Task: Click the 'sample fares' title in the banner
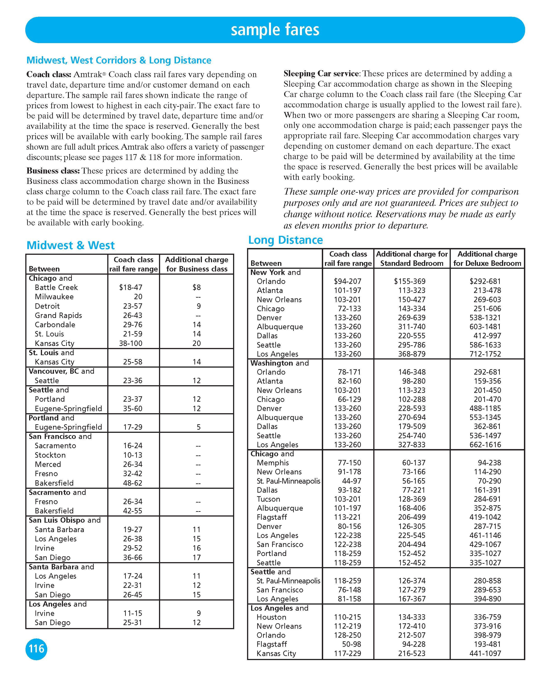coord(275,30)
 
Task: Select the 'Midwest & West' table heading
coord(71,245)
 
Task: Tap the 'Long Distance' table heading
coord(285,240)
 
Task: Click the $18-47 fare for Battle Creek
coord(131,287)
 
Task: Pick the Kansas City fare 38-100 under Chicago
coord(131,343)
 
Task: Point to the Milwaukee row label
coord(54,297)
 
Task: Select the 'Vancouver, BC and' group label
coord(61,371)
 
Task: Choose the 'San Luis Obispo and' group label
coord(64,520)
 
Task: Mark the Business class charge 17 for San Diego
coord(197,557)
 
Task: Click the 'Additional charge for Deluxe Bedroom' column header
coord(487,259)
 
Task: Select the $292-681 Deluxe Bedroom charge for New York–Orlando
coord(485,281)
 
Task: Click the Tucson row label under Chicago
coord(268,499)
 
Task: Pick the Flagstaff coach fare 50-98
coord(352,644)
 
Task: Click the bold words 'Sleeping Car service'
coord(321,74)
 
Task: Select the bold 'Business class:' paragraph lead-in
coord(53,171)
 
